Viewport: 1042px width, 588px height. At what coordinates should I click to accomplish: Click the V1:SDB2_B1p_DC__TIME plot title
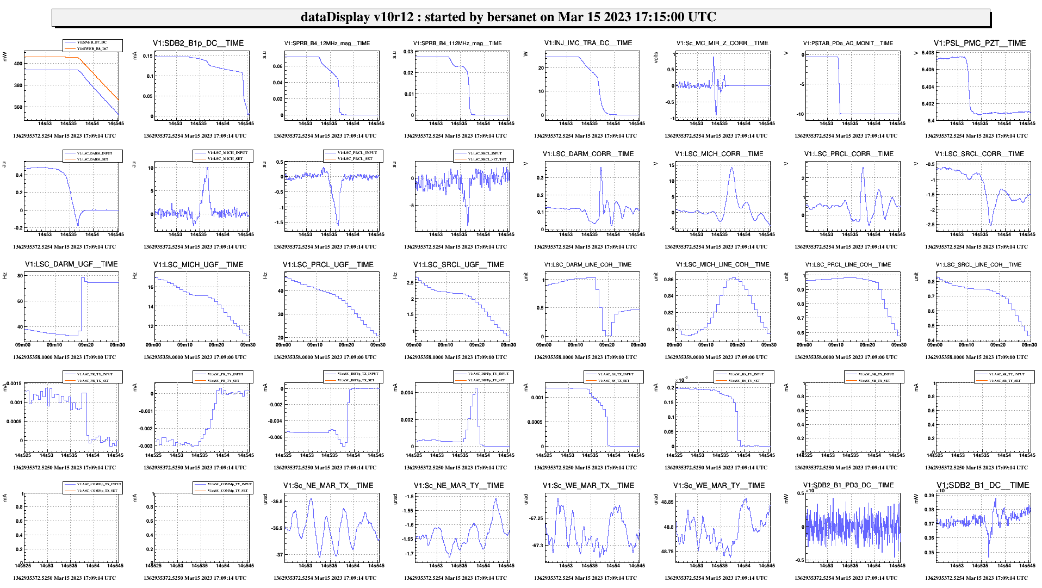[198, 43]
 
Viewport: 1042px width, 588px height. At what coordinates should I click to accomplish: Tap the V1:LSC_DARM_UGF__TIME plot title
[71, 264]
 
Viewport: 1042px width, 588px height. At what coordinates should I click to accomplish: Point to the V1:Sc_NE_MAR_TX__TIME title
[328, 486]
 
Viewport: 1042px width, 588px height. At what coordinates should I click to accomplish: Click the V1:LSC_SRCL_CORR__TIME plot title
[979, 154]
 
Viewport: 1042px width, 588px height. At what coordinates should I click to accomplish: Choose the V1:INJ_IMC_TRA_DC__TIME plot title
[588, 43]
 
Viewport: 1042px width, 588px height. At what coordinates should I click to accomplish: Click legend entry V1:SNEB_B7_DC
[92, 42]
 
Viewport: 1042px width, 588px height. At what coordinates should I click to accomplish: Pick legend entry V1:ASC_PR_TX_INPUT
[95, 374]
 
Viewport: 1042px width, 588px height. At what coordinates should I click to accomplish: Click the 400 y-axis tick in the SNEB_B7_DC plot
[18, 64]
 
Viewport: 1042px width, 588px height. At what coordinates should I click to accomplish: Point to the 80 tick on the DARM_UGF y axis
[20, 276]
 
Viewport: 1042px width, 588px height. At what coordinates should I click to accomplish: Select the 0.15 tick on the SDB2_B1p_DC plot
[147, 56]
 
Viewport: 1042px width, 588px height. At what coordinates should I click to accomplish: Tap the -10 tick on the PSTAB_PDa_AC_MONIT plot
[800, 114]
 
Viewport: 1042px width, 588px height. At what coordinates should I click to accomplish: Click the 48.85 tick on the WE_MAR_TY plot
[667, 503]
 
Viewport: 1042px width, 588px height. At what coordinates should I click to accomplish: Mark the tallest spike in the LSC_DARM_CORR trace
[601, 168]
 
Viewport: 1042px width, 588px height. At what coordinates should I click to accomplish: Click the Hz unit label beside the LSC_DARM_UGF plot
[5, 276]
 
